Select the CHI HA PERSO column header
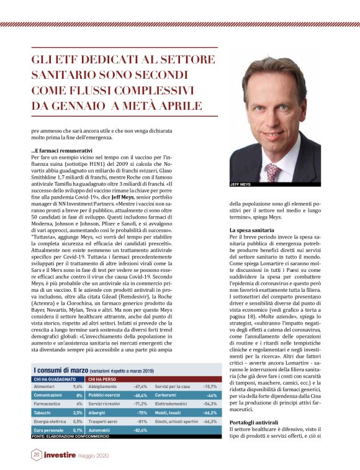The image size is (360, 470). pyautogui.click(x=102, y=378)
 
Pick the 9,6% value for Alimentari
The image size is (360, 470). pyautogui.click(x=78, y=386)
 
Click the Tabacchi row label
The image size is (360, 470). pyautogui.click(x=42, y=412)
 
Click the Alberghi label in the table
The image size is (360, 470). pyautogui.click(x=98, y=412)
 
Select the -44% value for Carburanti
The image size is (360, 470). pyautogui.click(x=211, y=395)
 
